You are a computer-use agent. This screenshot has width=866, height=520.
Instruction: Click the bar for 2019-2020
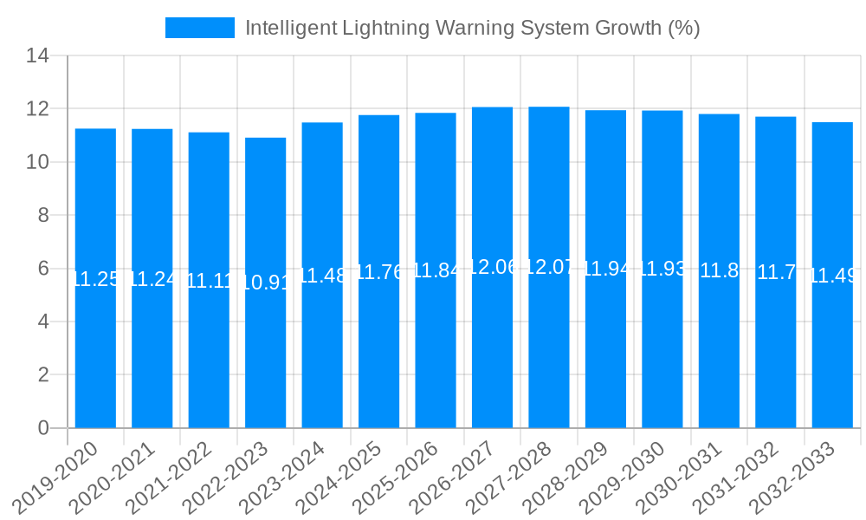point(95,347)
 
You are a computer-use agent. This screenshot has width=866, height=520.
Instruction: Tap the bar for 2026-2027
point(492,347)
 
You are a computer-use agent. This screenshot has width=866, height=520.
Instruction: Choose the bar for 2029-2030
point(662,347)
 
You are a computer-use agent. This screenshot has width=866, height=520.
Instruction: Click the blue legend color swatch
point(200,28)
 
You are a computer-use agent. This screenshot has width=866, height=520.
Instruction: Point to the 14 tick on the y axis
point(37,56)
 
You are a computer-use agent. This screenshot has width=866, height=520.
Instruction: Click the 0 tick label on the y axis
point(43,428)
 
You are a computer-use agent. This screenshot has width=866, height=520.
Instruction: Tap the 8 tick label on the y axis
point(43,216)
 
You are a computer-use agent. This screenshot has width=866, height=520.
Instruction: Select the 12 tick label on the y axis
point(37,109)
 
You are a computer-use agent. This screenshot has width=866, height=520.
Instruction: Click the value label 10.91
point(265,283)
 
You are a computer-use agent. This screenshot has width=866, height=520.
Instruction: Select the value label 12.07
point(549,267)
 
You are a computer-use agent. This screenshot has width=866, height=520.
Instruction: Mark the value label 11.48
point(322,276)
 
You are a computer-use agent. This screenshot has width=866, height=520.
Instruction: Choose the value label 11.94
point(605,269)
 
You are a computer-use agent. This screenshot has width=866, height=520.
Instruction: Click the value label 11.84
point(436,270)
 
